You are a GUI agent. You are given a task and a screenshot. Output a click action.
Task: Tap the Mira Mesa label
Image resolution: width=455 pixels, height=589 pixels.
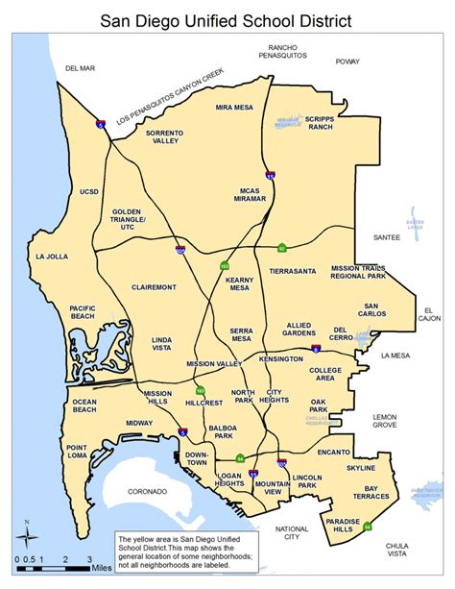click(234, 108)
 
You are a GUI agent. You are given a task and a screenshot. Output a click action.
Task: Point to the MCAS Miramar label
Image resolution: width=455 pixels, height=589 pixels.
click(250, 196)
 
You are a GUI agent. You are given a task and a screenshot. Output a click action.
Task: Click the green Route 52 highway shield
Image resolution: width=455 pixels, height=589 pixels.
click(281, 247)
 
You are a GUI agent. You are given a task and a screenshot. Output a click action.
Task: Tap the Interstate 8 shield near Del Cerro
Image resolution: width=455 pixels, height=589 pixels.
click(316, 351)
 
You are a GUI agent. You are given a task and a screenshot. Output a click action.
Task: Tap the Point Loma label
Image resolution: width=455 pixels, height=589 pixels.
click(77, 453)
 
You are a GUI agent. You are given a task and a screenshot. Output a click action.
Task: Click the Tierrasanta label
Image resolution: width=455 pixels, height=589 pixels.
click(293, 272)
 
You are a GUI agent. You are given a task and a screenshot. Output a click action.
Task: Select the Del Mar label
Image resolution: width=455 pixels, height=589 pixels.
click(81, 68)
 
